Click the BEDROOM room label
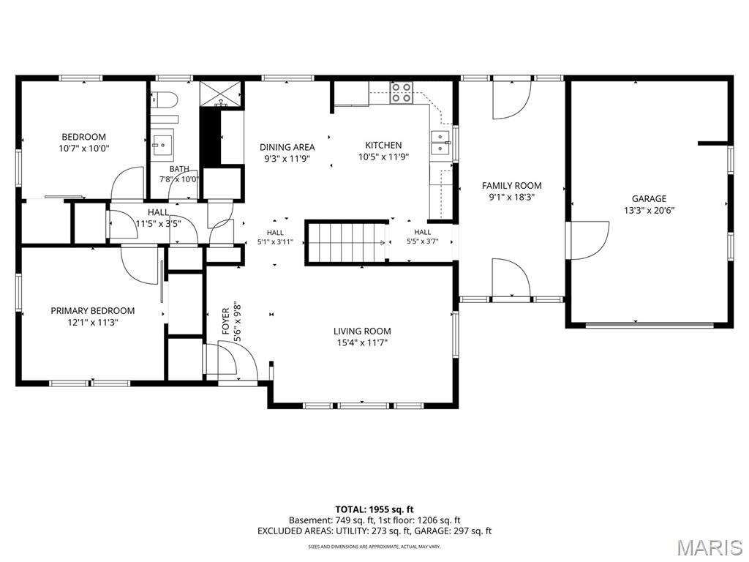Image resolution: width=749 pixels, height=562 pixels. [x=83, y=137]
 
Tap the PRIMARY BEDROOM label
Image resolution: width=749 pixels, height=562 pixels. [x=93, y=310]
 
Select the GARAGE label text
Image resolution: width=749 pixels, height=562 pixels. [x=649, y=198]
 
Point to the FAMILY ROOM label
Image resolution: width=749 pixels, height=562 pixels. [x=511, y=185]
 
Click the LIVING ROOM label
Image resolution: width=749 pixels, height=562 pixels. [x=362, y=331]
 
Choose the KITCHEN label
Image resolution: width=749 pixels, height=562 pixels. [x=383, y=145]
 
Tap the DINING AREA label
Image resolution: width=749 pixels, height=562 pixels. [x=287, y=146]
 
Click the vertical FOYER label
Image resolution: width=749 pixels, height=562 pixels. [x=226, y=321]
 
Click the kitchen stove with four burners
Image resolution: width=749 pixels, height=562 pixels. [x=402, y=93]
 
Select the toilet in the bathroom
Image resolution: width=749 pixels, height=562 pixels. [x=165, y=100]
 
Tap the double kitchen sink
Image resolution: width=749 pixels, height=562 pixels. [x=440, y=143]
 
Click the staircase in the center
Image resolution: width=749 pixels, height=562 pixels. [x=346, y=243]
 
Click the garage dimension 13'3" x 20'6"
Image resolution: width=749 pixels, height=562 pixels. [x=649, y=210]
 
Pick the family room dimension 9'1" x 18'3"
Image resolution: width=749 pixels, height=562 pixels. [x=511, y=198]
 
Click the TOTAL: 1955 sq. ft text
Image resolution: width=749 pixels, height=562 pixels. [x=374, y=509]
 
